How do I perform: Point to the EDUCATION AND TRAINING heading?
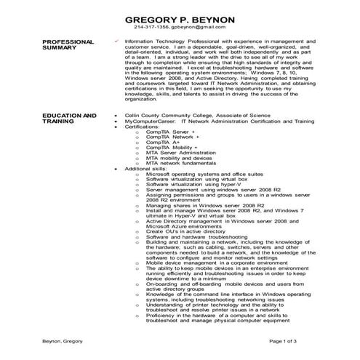coord(69,118)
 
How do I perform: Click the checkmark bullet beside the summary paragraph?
coord(118,42)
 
